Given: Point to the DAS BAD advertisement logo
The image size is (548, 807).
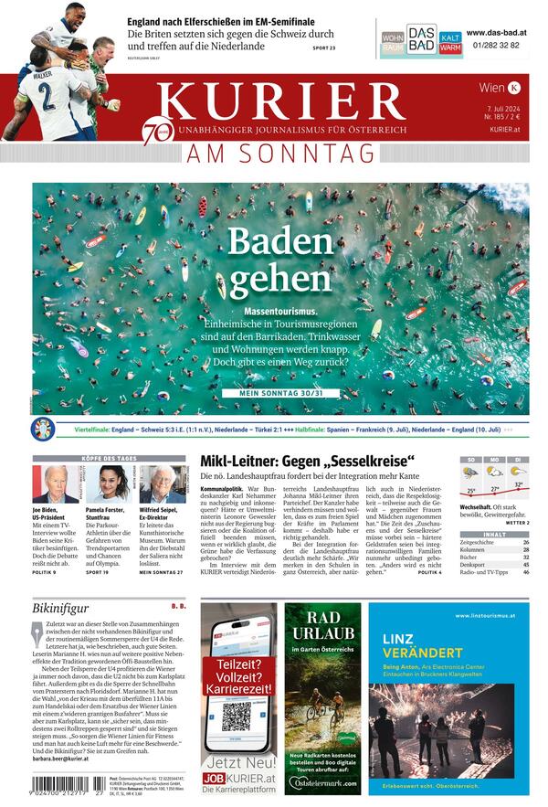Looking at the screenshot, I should [421, 39].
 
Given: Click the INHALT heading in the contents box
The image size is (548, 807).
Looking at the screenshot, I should [494, 534].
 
